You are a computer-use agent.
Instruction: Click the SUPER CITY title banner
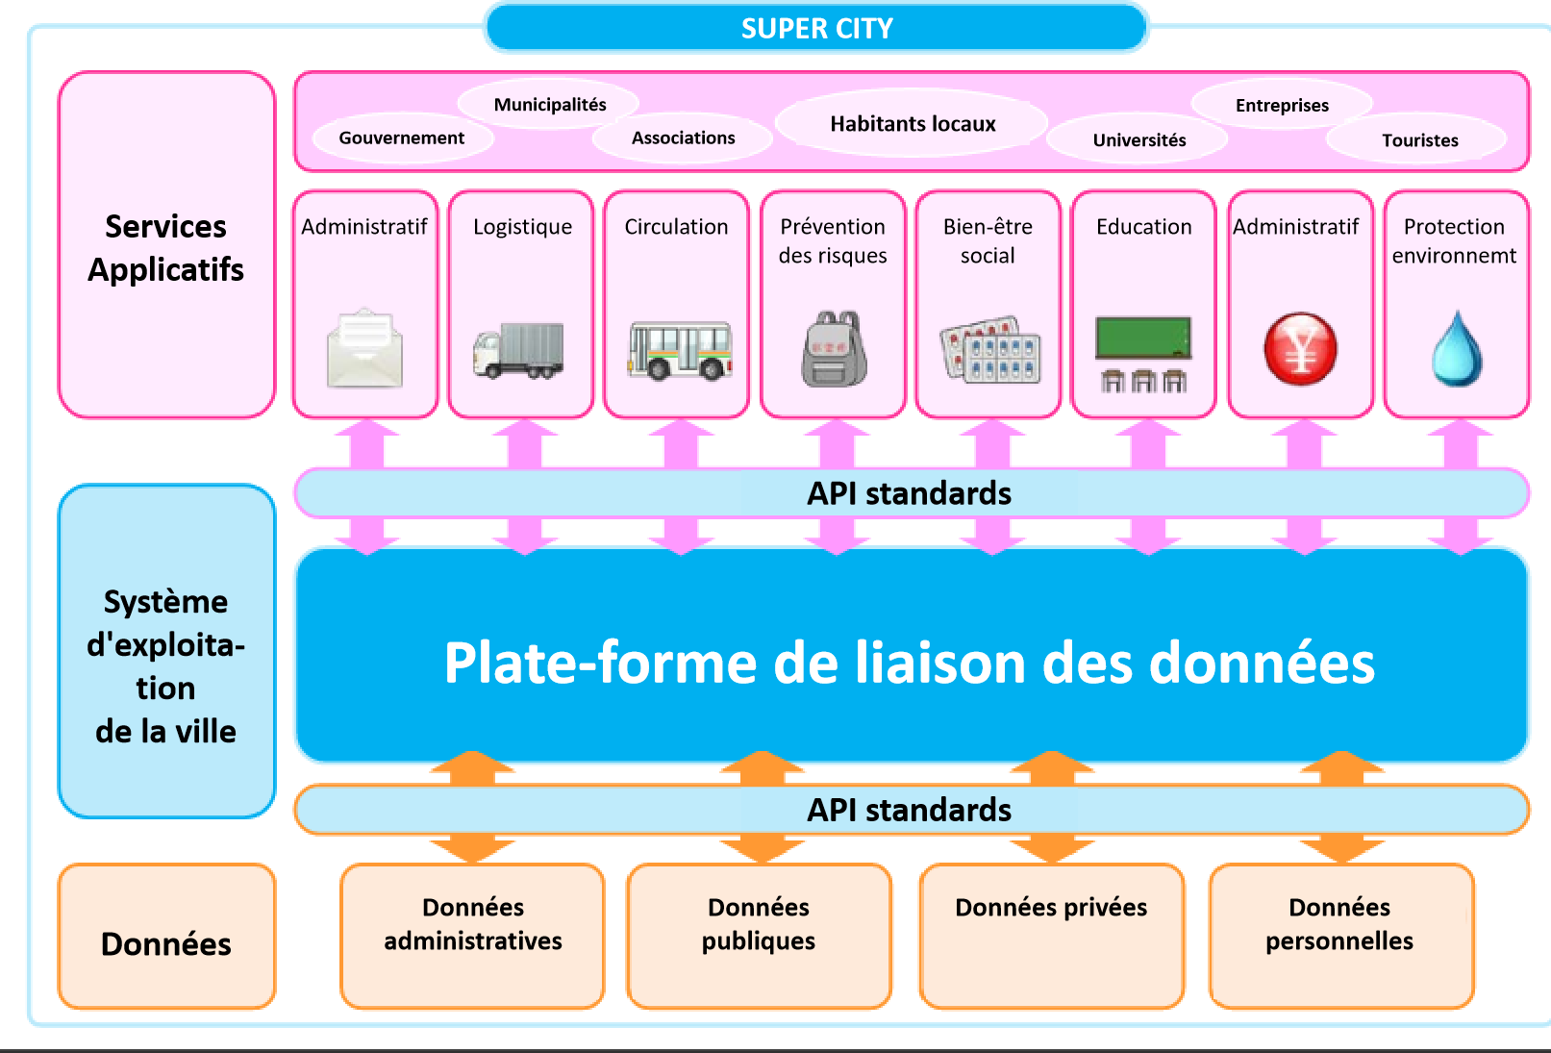pyautogui.click(x=816, y=28)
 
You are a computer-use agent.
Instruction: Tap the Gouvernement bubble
pyautogui.click(x=402, y=138)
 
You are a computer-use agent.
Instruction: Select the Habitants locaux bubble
pyautogui.click(x=913, y=124)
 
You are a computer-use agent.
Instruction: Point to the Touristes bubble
pyautogui.click(x=1419, y=140)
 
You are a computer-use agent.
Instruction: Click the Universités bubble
pyautogui.click(x=1138, y=140)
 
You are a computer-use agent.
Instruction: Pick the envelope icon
pyautogui.click(x=364, y=348)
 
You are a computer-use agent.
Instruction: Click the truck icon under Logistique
pyautogui.click(x=519, y=350)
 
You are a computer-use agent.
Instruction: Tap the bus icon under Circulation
pyautogui.click(x=679, y=350)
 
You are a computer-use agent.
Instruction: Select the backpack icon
pyautogui.click(x=834, y=349)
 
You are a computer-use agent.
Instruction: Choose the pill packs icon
pyautogui.click(x=990, y=350)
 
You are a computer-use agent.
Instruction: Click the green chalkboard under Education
pyautogui.click(x=1143, y=338)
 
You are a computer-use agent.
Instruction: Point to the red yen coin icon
pyautogui.click(x=1300, y=348)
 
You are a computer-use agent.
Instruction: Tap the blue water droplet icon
pyautogui.click(x=1457, y=349)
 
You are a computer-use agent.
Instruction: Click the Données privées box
pyautogui.click(x=1051, y=935)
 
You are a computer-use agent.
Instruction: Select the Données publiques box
pyautogui.click(x=759, y=935)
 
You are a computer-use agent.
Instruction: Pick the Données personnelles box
pyautogui.click(x=1340, y=935)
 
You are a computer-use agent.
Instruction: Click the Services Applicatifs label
pyautogui.click(x=166, y=247)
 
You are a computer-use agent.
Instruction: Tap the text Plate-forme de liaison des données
pyautogui.click(x=910, y=663)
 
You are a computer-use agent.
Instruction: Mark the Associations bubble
pyautogui.click(x=683, y=138)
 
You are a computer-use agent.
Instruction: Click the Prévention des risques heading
pyautogui.click(x=833, y=240)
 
